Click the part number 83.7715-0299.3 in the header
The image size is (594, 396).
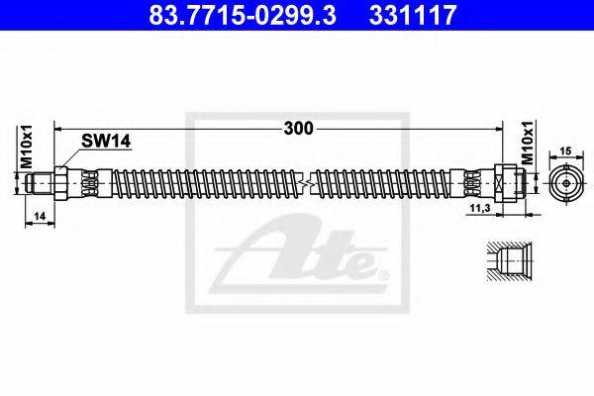click(243, 15)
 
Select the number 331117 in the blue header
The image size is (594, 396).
click(413, 15)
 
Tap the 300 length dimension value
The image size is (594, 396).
click(299, 129)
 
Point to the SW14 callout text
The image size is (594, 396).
click(106, 142)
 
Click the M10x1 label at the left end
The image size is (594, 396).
click(27, 147)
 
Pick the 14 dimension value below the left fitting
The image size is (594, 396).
click(40, 216)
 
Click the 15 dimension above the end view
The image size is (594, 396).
click(566, 150)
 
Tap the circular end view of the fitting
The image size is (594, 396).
click(566, 183)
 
